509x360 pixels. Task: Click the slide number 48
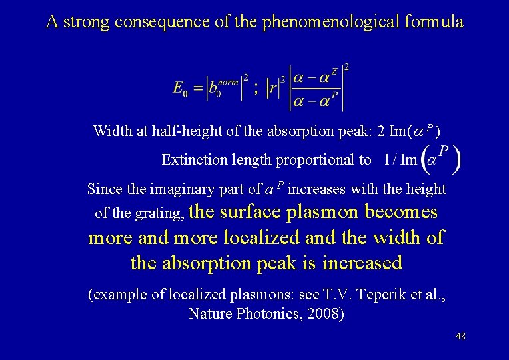coord(460,336)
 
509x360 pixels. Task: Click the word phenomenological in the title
coord(330,21)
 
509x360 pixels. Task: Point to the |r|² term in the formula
coord(274,87)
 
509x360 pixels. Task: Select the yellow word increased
coord(362,263)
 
